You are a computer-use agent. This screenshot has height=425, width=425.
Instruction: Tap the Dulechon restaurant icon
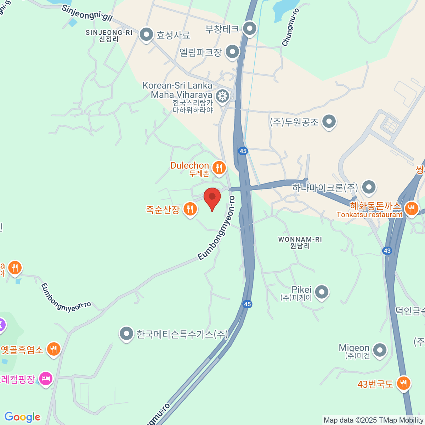point(219,168)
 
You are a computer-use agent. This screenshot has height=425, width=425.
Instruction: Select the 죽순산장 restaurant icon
point(190,209)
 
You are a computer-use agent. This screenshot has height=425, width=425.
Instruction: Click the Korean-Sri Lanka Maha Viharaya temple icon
point(222,96)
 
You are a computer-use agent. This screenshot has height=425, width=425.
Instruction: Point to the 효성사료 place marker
point(146,34)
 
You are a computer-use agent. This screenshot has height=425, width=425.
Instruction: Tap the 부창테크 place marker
point(250,28)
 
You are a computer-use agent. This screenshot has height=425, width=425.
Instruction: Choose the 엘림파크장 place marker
point(232,52)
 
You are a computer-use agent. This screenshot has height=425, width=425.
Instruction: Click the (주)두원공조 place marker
point(329,122)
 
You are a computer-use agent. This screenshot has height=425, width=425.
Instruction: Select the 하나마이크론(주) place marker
point(369,187)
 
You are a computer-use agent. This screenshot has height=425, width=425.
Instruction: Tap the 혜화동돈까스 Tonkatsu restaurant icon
point(411,208)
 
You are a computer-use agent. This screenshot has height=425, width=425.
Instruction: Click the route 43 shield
point(387,251)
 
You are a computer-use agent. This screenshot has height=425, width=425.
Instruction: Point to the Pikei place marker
point(322,292)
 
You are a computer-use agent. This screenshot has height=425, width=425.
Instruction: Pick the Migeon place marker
point(380,350)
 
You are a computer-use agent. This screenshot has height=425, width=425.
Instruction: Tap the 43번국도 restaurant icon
point(403,383)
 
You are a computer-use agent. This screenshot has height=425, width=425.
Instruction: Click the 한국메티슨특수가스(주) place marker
point(126,333)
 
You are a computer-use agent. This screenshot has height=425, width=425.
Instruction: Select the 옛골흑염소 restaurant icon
point(53,349)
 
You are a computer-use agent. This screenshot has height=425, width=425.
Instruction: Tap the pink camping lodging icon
point(46,379)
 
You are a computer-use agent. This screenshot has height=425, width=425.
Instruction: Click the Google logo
point(22,417)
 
